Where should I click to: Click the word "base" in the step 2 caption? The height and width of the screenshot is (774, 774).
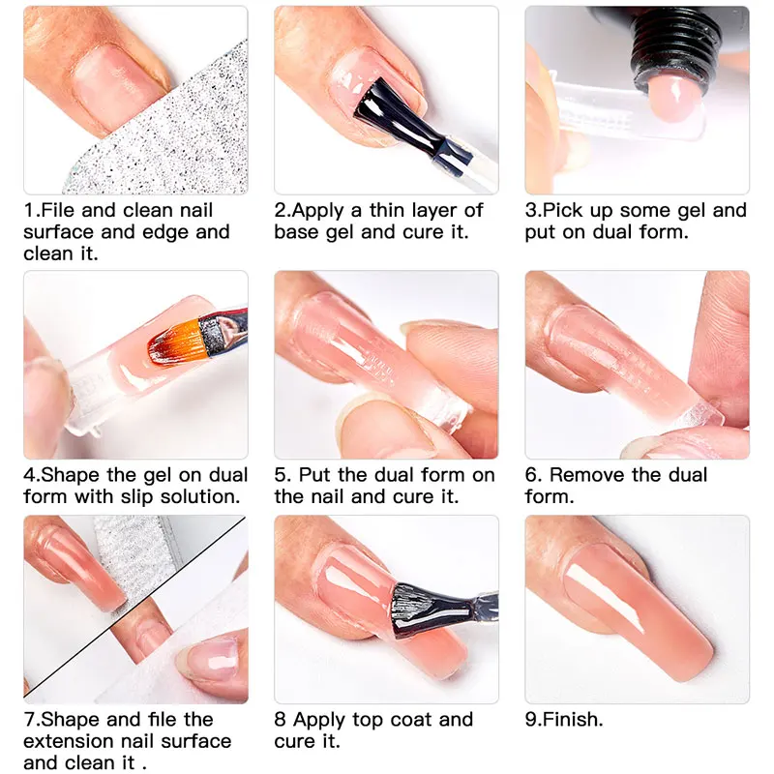[296, 232]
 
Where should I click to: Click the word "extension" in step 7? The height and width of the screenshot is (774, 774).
[72, 741]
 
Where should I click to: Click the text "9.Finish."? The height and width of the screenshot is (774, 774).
[563, 720]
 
